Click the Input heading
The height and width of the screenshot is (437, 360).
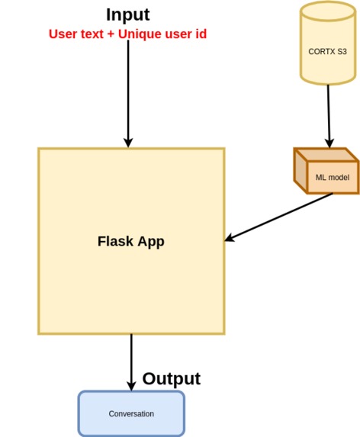pos(127,14)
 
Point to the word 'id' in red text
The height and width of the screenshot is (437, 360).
pos(200,34)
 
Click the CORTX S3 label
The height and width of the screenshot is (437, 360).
pos(327,51)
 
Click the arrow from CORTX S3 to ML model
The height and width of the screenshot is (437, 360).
pos(329,114)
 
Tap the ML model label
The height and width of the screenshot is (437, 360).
pos(332,178)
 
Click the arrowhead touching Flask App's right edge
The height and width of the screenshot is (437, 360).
pos(230,239)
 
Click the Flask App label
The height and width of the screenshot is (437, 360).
pos(130,242)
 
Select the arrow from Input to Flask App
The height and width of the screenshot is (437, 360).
pos(128,92)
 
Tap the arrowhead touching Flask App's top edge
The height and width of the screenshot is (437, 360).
pos(128,142)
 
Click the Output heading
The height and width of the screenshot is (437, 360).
pos(171,379)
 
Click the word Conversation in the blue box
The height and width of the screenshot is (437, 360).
pos(131,414)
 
